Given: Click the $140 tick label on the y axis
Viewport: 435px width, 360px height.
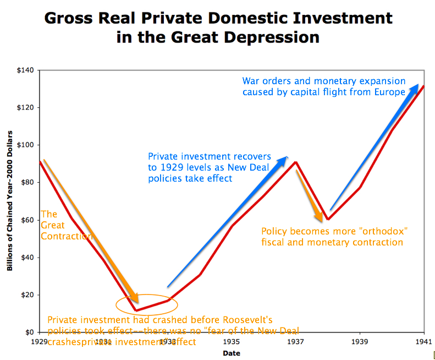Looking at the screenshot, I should pos(26,70).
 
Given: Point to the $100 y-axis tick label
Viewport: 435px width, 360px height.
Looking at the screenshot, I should pos(26,145).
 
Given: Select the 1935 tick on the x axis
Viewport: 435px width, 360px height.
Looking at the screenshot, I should pos(232,341).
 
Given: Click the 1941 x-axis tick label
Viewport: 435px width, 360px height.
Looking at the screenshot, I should pos(423,341).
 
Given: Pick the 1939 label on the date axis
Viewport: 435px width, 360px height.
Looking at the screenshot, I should pos(360,341).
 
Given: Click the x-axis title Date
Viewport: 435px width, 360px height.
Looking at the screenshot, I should pos(232,353).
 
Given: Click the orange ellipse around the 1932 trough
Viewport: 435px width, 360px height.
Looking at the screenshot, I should pos(147,303).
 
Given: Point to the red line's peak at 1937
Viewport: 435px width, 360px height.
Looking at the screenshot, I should pos(296,162).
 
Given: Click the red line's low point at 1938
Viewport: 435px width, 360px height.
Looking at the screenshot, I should pos(328,219).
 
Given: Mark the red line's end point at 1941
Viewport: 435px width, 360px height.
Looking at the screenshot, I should pos(423,86).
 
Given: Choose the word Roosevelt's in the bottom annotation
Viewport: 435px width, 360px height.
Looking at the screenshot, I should pos(244,320).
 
